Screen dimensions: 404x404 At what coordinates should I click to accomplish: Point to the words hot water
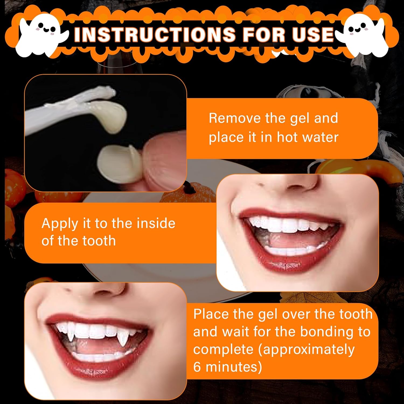click(308, 137)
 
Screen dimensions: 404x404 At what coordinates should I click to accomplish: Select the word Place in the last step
click(211, 314)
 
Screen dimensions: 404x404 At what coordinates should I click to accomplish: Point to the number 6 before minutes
click(197, 367)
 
